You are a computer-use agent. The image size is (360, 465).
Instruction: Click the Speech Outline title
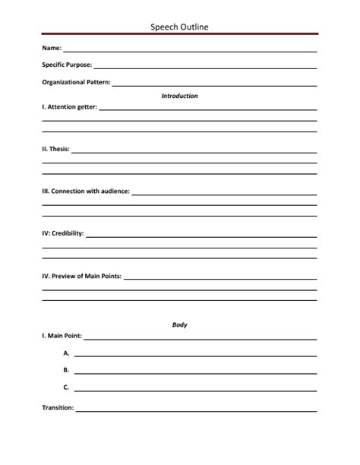click(180, 27)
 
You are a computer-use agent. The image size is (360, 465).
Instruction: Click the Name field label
click(52, 48)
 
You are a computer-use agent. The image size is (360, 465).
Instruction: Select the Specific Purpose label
click(67, 65)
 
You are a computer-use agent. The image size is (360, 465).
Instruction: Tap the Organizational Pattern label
click(76, 81)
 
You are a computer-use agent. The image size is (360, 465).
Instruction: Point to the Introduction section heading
click(180, 96)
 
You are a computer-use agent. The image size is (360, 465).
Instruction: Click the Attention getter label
click(69, 107)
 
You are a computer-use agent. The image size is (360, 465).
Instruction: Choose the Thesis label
click(55, 149)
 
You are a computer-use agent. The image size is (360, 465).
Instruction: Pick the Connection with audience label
click(86, 191)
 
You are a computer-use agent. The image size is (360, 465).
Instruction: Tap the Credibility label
click(63, 233)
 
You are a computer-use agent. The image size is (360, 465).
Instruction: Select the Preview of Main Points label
click(81, 276)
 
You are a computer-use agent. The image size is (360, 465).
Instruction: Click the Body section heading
click(180, 324)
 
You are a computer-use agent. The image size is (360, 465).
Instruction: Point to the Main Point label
click(62, 336)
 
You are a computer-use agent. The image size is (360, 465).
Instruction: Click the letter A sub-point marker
click(67, 353)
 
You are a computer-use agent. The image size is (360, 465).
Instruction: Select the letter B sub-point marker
click(67, 370)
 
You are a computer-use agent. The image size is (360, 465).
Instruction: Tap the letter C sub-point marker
click(67, 387)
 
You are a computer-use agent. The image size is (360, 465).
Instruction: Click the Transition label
click(58, 408)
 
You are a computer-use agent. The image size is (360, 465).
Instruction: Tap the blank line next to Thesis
click(194, 152)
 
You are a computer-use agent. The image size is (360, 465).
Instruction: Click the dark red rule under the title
click(180, 34)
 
